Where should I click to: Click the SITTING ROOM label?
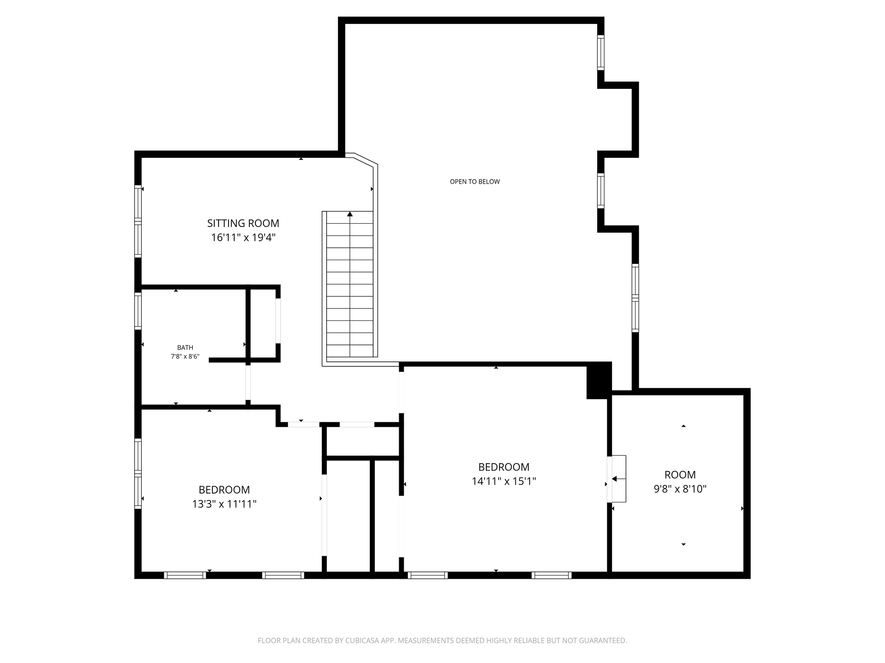pos(243,223)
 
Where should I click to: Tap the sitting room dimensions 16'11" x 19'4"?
pos(243,238)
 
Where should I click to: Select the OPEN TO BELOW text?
pos(475,181)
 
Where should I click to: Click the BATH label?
pos(185,348)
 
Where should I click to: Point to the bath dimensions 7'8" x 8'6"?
pos(185,356)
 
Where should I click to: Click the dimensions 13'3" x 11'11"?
pos(224,504)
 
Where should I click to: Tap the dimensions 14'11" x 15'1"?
pos(504,482)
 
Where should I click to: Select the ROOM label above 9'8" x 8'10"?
pos(680,475)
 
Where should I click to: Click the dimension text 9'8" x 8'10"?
pos(680,489)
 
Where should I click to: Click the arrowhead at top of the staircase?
pos(350,214)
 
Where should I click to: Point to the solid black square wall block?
pos(599,381)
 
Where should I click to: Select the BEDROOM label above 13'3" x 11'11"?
pos(224,490)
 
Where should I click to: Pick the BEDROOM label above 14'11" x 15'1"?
pos(504,467)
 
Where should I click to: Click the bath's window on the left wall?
pos(138,311)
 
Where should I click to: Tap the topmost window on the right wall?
pos(601,52)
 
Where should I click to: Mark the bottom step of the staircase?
pos(350,351)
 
